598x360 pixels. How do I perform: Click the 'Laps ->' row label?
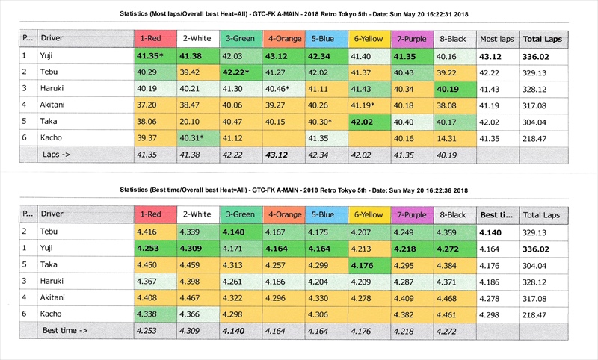(58, 154)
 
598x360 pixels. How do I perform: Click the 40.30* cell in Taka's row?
(326, 121)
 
